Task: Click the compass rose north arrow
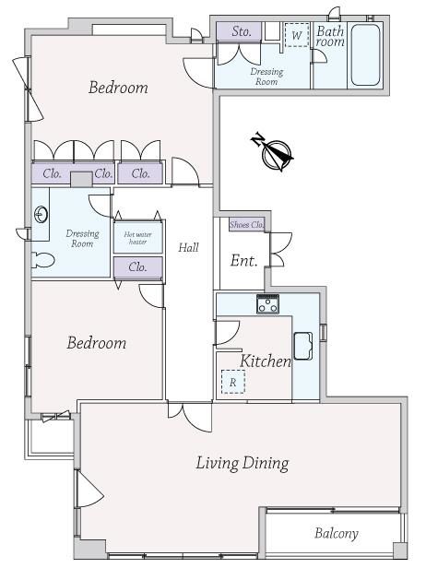click(x=273, y=152)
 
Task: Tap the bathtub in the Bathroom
click(x=365, y=54)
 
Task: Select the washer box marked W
click(x=297, y=35)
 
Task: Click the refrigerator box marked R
click(x=233, y=382)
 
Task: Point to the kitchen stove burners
click(x=267, y=303)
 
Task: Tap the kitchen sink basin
click(x=303, y=346)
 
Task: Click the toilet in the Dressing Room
click(x=43, y=260)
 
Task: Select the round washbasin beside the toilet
click(x=41, y=215)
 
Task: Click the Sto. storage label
click(x=242, y=31)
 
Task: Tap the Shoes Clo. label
click(x=247, y=225)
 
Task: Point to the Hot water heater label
click(x=138, y=238)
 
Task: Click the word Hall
click(x=188, y=248)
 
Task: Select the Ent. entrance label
click(x=243, y=260)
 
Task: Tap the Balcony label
click(x=337, y=533)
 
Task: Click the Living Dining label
click(x=243, y=463)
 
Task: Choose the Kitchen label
click(x=266, y=361)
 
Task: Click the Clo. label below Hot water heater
click(x=137, y=267)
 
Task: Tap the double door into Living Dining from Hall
click(x=190, y=417)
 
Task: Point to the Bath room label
click(x=330, y=36)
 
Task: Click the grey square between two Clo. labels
click(x=81, y=179)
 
